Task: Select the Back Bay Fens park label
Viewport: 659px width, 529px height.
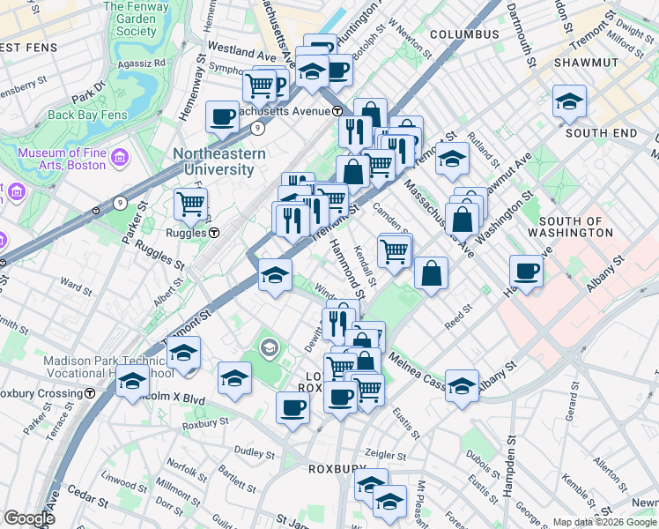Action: [87, 115]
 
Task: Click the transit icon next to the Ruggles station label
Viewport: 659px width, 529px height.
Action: [214, 234]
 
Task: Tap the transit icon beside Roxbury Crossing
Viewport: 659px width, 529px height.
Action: [90, 394]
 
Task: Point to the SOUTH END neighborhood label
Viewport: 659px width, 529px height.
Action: [601, 132]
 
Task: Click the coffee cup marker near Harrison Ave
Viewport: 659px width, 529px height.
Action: [526, 271]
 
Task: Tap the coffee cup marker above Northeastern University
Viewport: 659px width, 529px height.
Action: [223, 116]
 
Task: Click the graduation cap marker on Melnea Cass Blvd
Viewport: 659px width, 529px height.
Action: [462, 385]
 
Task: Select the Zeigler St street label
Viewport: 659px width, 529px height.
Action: [385, 456]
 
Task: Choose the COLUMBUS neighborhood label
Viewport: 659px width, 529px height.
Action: [464, 34]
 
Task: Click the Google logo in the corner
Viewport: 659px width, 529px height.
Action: [29, 518]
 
